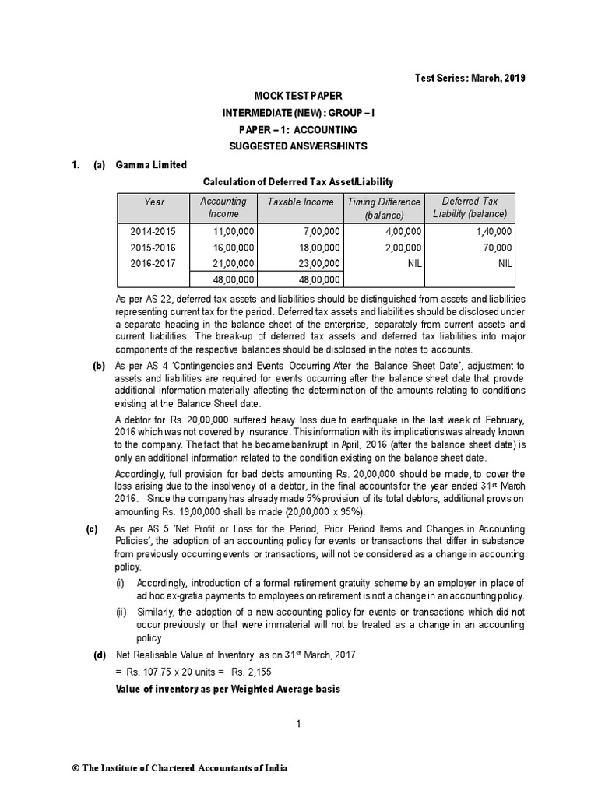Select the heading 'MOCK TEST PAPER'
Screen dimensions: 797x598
[x=298, y=95]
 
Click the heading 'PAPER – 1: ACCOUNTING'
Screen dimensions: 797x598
[x=298, y=129]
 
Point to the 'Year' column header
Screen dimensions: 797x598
[x=154, y=202]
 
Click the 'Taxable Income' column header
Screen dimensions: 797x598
[x=301, y=202]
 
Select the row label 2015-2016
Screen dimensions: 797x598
[x=154, y=247]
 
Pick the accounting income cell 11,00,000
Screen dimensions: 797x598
[x=234, y=231]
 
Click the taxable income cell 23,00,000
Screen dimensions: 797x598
[x=318, y=263]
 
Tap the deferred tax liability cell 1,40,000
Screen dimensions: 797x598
[x=492, y=231]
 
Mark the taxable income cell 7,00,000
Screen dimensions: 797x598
[x=321, y=231]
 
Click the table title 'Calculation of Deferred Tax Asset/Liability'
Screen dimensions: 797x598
[x=298, y=181]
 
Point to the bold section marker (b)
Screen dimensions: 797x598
[x=99, y=366]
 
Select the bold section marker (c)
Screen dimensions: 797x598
[x=93, y=528]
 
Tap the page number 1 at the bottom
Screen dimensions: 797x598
[x=298, y=724]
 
